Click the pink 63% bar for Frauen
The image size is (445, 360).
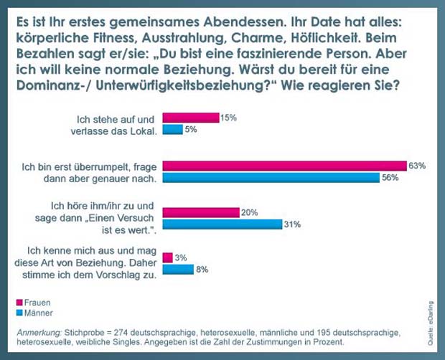[285, 165]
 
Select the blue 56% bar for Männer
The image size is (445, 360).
[271, 178]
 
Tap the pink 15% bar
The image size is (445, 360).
[191, 118]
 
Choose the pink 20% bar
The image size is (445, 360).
[200, 212]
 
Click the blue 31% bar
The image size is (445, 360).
[222, 224]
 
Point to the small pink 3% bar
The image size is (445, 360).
[168, 257]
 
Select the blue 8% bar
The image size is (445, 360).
[179, 270]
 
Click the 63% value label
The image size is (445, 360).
[417, 166]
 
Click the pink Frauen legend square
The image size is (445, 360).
[19, 303]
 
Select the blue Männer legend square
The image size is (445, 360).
[19, 313]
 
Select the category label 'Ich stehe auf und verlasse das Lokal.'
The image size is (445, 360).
[116, 123]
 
